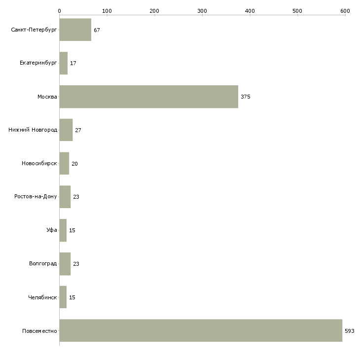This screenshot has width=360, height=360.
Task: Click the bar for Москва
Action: tap(149, 97)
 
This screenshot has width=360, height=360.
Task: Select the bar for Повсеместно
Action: tap(201, 330)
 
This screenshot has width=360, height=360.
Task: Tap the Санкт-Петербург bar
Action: tap(75, 30)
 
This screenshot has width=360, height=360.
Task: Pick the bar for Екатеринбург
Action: tap(64, 63)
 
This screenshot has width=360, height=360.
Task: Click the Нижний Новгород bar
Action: tap(66, 130)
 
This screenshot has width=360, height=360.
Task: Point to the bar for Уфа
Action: tap(63, 230)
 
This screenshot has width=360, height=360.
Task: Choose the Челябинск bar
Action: tap(63, 297)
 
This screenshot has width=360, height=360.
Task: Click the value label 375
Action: tap(246, 97)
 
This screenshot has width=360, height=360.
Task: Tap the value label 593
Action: tap(350, 331)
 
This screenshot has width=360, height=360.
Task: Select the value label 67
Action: tap(97, 30)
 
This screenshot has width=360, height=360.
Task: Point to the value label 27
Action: tap(78, 130)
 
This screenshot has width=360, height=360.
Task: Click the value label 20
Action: tap(74, 164)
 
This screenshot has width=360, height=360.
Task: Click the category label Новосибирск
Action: tap(39, 163)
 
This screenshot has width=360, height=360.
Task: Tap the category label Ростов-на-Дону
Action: tap(36, 197)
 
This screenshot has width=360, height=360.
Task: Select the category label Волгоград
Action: tap(43, 263)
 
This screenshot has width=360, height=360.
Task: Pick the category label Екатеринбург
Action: tap(38, 63)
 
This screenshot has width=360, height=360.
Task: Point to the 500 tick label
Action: tap(297, 11)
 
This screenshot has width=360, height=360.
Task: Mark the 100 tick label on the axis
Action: tap(107, 11)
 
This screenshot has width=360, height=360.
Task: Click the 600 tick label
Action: tap(345, 11)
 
